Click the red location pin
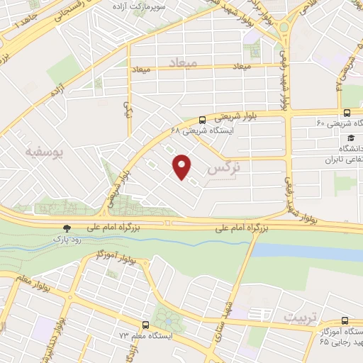point(183,166)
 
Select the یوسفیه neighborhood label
point(39,152)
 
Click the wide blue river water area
point(305,250)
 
